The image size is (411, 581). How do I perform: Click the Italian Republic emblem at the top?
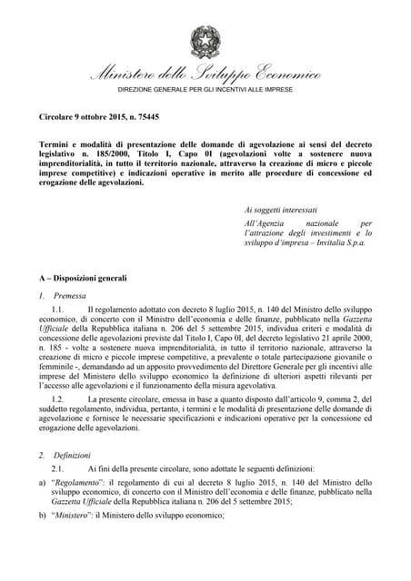(x=205, y=41)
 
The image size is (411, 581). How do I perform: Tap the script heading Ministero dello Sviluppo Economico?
(x=205, y=75)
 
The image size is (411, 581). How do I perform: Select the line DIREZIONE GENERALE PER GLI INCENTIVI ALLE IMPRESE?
(x=205, y=94)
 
